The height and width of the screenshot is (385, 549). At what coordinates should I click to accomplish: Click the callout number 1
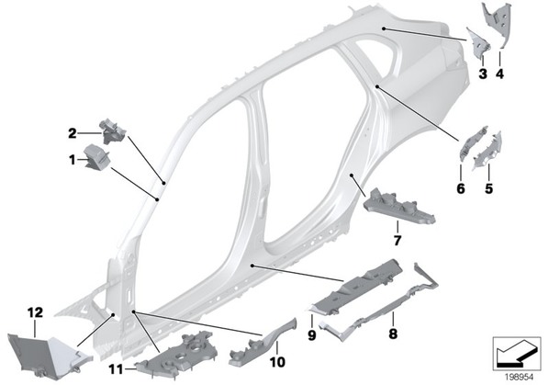pyautogui.click(x=73, y=161)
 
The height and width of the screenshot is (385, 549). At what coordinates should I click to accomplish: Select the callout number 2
pyautogui.click(x=73, y=133)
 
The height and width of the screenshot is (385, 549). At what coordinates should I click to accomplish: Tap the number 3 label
pyautogui.click(x=483, y=74)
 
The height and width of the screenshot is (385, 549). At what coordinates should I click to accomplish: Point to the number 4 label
pyautogui.click(x=499, y=74)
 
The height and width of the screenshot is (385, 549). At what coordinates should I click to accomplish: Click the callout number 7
pyautogui.click(x=397, y=241)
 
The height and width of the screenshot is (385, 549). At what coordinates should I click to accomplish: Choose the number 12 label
pyautogui.click(x=36, y=312)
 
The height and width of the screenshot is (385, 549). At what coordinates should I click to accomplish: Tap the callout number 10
pyautogui.click(x=277, y=362)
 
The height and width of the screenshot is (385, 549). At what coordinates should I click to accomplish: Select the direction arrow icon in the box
pyautogui.click(x=517, y=353)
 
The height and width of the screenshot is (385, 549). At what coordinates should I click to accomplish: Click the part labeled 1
pyautogui.click(x=97, y=157)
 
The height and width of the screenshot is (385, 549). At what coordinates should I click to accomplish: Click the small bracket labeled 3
pyautogui.click(x=478, y=42)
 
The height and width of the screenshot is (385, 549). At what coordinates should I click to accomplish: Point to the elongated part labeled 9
pyautogui.click(x=354, y=286)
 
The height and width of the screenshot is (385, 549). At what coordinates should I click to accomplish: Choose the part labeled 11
pyautogui.click(x=177, y=355)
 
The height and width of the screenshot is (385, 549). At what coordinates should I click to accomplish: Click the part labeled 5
pyautogui.click(x=488, y=151)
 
